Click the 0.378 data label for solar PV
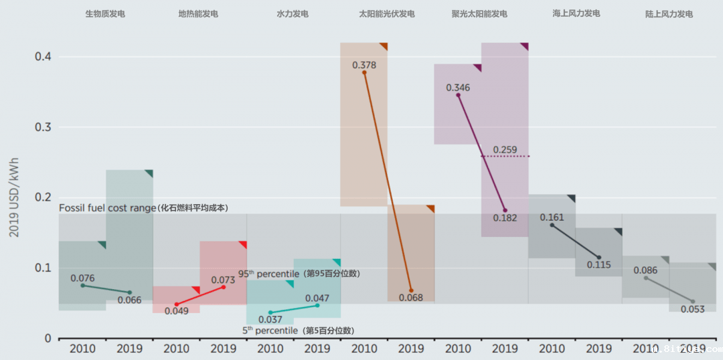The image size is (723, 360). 364,66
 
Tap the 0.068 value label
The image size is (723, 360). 411,297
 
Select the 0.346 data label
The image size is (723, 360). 458,88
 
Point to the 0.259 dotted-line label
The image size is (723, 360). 505,150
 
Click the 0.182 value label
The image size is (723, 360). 505,217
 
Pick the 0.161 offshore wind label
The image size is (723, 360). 552,217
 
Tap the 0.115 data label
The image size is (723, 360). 598,264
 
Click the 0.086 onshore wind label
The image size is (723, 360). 645,271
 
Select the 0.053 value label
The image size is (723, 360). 693,309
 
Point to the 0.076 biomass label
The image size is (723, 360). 82,278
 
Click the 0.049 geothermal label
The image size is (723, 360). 177,310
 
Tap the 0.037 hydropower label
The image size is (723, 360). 270,320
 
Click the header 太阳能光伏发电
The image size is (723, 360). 387,13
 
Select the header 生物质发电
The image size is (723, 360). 105,13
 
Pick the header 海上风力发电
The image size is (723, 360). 576,13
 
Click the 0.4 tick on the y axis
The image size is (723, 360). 44,57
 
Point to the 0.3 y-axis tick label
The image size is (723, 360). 44,127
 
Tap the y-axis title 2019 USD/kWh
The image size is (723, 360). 14,197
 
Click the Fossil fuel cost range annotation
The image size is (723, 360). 143,208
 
